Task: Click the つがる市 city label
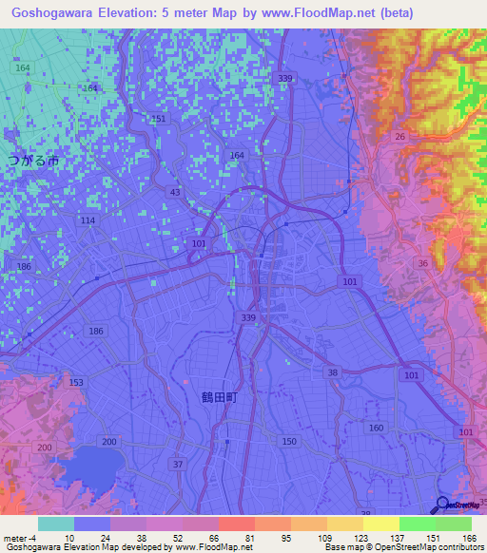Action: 33,162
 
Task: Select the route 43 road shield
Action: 174,193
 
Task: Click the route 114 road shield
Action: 88,220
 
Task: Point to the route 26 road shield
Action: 400,137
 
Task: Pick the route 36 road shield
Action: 421,263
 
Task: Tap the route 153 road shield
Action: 76,382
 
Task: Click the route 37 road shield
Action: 177,464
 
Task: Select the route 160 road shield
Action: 376,428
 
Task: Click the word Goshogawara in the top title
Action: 50,12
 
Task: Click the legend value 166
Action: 467,537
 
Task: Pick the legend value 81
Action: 248,537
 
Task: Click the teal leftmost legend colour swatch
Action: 56,524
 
